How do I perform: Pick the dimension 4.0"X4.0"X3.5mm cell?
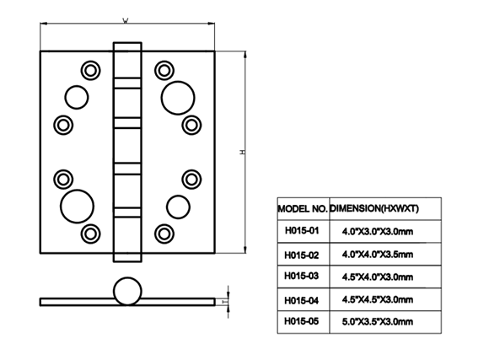(385, 255)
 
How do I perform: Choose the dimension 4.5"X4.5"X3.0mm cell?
(385, 299)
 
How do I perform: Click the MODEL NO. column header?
(304, 209)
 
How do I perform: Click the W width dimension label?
(126, 21)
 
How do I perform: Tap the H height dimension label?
(242, 152)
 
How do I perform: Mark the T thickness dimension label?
(224, 302)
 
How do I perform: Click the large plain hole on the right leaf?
(178, 98)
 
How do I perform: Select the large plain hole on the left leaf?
(77, 207)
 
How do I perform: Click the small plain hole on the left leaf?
(77, 97)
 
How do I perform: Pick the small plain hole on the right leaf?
(178, 207)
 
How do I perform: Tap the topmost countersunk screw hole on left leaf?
(91, 70)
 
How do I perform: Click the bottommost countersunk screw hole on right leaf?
(164, 234)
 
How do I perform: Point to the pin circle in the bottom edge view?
(127, 291)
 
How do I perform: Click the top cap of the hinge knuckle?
(127, 60)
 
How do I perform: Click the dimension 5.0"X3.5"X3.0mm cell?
(385, 322)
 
